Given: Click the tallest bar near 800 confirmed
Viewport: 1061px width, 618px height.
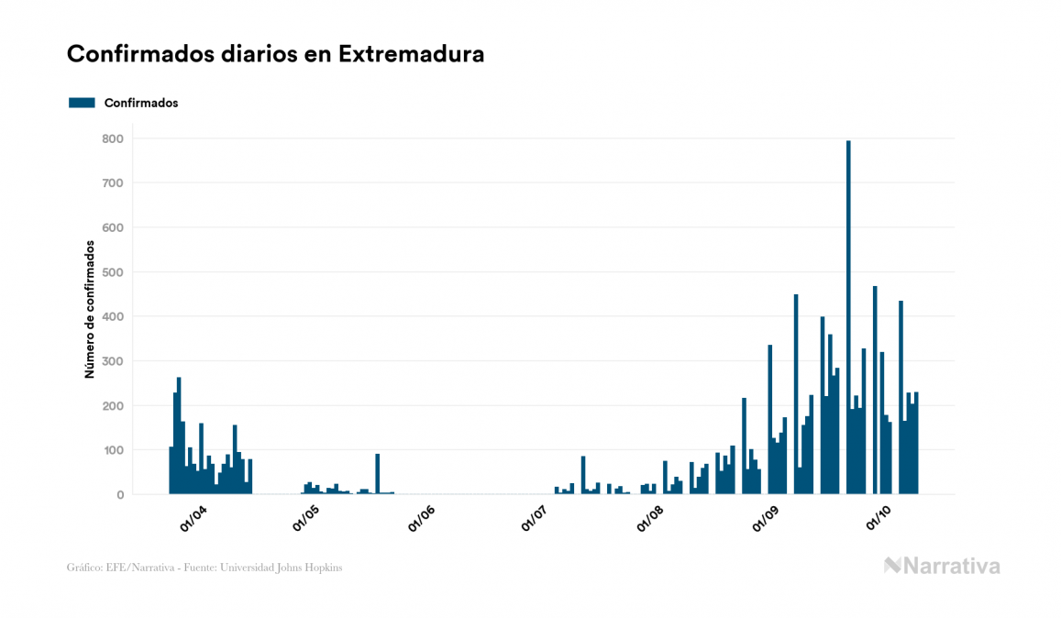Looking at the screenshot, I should pyautogui.click(x=848, y=316).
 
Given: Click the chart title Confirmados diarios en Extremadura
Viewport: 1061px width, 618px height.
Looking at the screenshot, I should pyautogui.click(x=275, y=54).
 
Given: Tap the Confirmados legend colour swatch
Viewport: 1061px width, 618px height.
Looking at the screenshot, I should pyautogui.click(x=82, y=103).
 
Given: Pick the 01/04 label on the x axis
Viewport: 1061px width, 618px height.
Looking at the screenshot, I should pyautogui.click(x=193, y=519).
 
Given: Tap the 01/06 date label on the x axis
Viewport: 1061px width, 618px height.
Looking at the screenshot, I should pyautogui.click(x=421, y=519).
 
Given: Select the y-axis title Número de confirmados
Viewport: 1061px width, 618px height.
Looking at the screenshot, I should pyautogui.click(x=90, y=310).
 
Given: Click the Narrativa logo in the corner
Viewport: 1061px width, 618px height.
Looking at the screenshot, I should pyautogui.click(x=942, y=566).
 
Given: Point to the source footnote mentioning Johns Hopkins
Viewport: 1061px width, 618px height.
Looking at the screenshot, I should pyautogui.click(x=204, y=568).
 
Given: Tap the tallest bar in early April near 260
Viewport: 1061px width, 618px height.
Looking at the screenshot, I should pyautogui.click(x=179, y=436).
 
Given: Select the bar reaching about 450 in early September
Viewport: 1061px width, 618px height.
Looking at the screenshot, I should pyautogui.click(x=796, y=394).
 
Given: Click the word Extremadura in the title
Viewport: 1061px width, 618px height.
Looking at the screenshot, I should pyautogui.click(x=411, y=54).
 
